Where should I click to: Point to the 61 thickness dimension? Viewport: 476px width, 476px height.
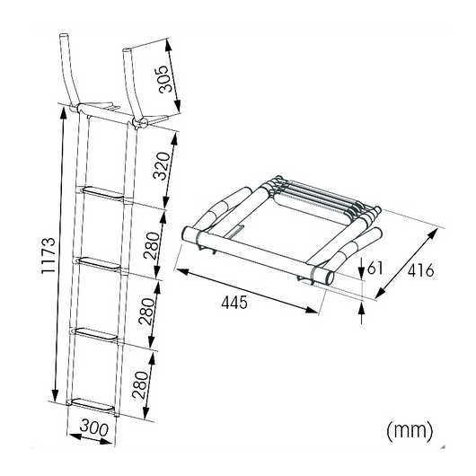(x=375, y=267)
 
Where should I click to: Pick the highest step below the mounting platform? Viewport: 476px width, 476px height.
(x=104, y=190)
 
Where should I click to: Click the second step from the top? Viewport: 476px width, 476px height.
(x=101, y=261)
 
